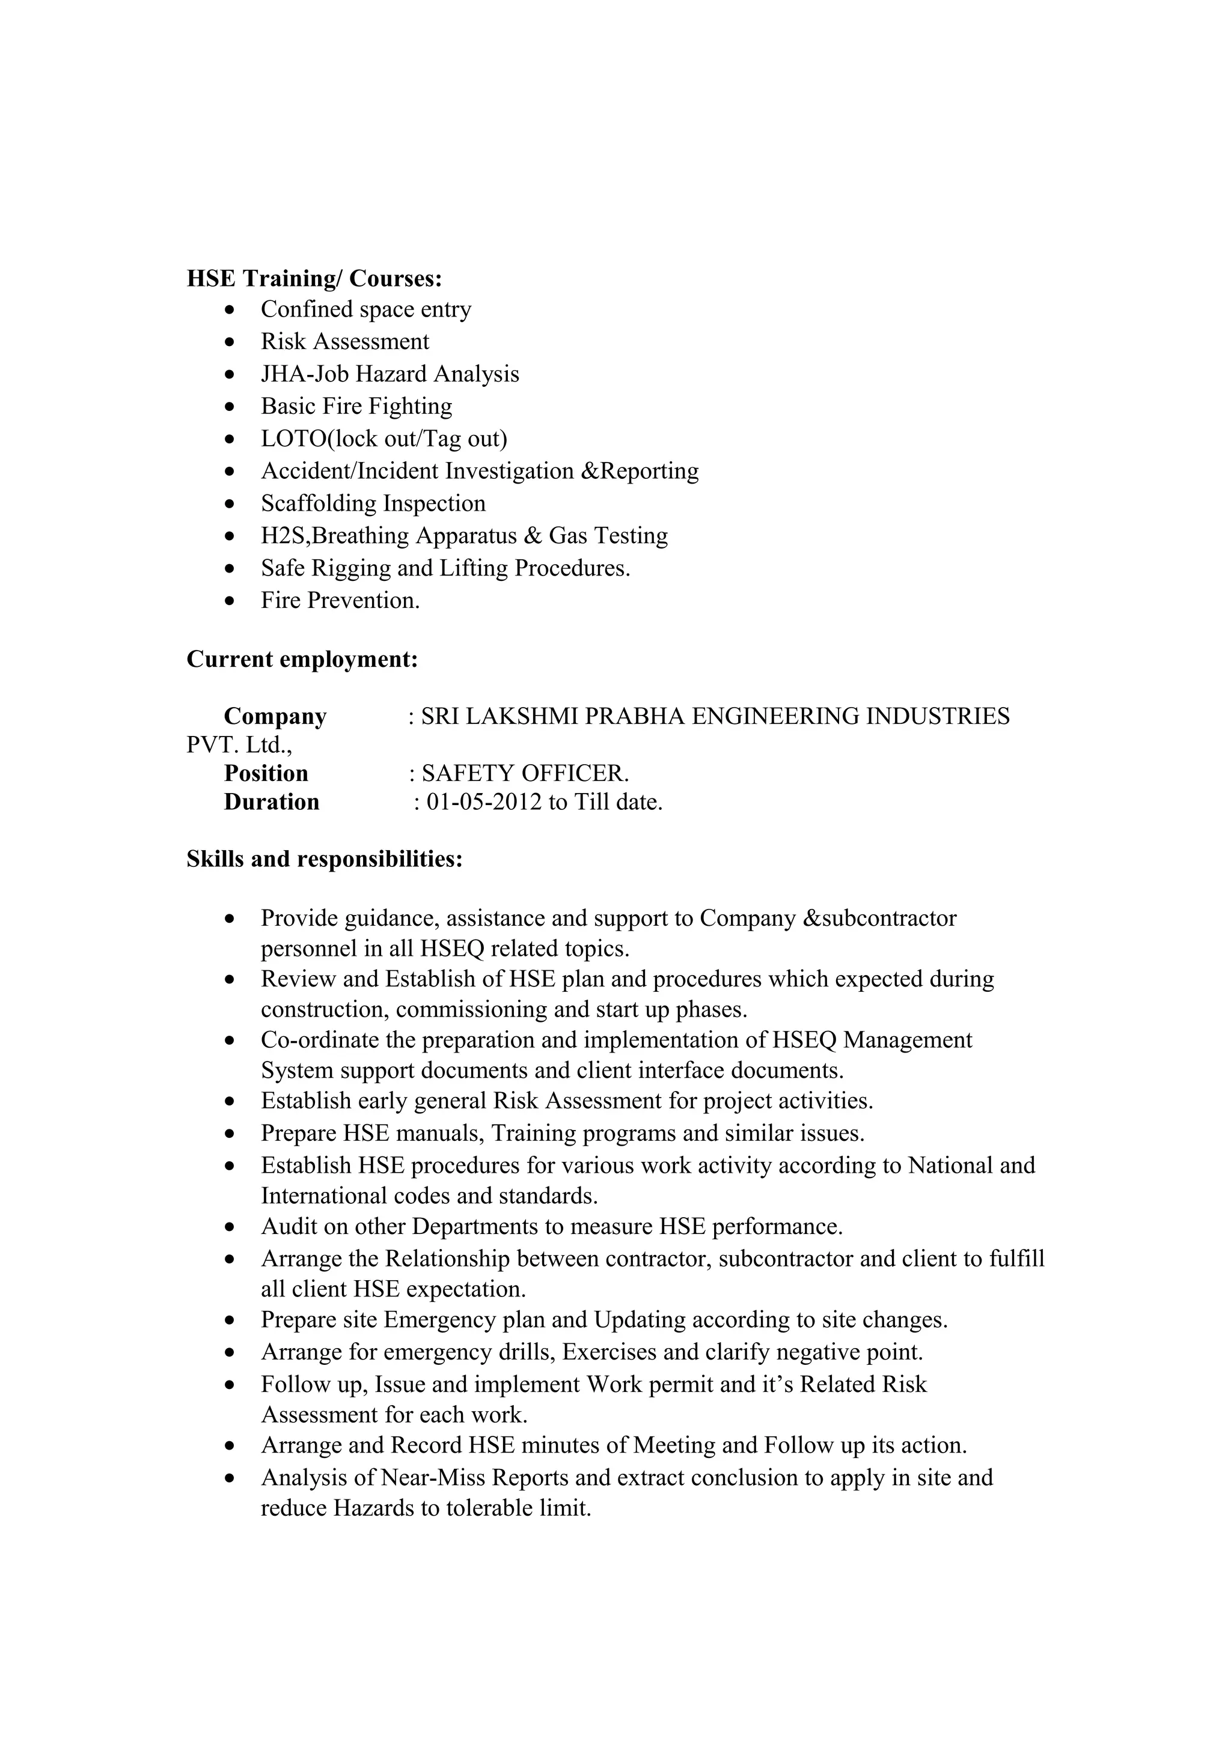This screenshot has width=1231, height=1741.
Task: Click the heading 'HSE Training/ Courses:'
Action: pos(314,279)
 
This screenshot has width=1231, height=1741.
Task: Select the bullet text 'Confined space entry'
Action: pos(365,309)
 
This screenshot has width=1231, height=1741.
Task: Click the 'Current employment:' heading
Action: pos(302,659)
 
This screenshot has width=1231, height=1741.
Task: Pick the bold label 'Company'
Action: pos(275,716)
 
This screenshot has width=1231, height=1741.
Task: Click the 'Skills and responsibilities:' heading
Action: pos(324,859)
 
